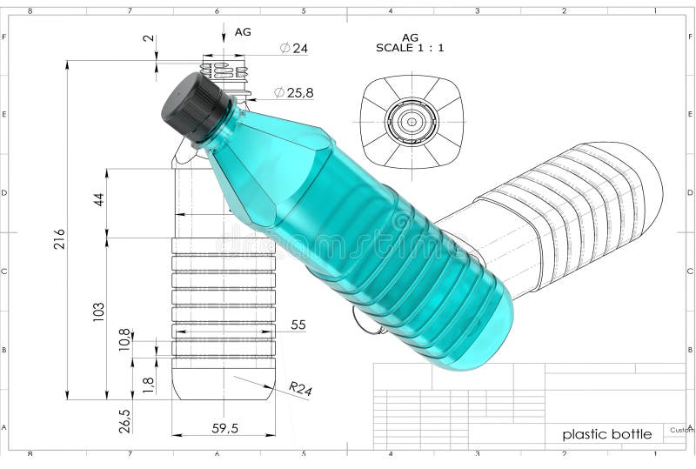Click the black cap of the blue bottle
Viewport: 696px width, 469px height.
(x=197, y=106)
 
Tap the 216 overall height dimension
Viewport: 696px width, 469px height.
(x=59, y=239)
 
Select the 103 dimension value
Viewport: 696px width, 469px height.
(x=98, y=311)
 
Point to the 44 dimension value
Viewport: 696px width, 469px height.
(x=98, y=199)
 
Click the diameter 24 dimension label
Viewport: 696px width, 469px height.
(x=294, y=49)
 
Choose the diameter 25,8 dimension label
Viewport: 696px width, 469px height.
(x=293, y=92)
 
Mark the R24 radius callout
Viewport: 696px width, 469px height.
(x=299, y=389)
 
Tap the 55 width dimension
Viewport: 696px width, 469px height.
(x=298, y=325)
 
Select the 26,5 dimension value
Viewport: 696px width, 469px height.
(x=124, y=420)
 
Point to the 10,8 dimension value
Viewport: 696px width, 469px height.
(x=124, y=339)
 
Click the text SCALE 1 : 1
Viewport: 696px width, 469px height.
(x=410, y=48)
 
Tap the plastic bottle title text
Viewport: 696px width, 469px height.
(x=606, y=434)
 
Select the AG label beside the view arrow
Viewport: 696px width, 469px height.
(x=243, y=31)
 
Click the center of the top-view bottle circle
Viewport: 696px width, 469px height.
(x=412, y=121)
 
